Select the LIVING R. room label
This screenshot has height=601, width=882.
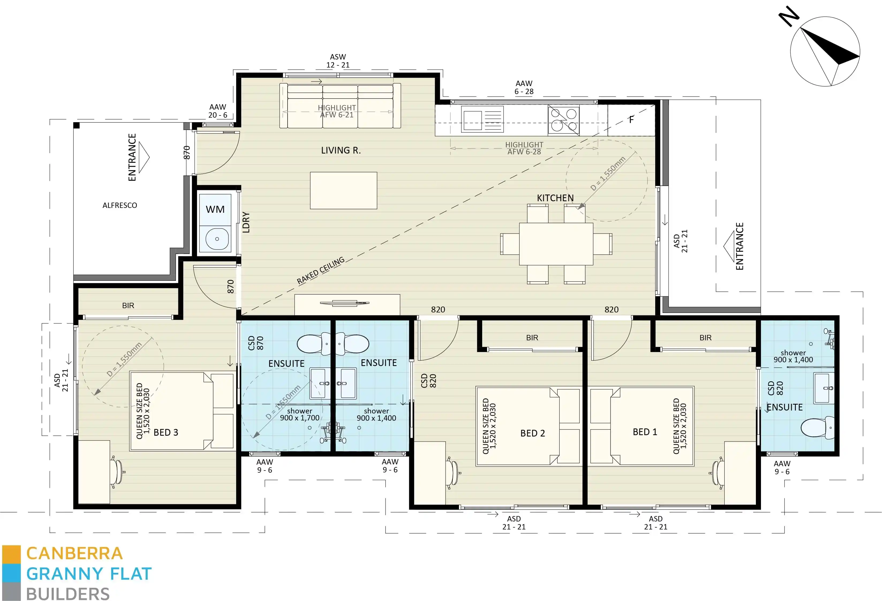point(340,150)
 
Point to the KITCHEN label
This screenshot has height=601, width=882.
point(555,198)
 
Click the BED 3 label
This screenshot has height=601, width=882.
point(165,432)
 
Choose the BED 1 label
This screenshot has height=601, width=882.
point(644,432)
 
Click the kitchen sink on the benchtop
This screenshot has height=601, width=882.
point(482,119)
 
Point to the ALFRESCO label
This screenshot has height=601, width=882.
point(119,205)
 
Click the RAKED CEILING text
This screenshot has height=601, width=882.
point(321,270)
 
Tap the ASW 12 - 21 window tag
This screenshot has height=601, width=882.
point(337,61)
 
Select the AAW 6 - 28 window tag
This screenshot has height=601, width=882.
point(524,87)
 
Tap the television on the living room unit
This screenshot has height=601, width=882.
point(345,303)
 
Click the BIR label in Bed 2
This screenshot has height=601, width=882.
point(532,337)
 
